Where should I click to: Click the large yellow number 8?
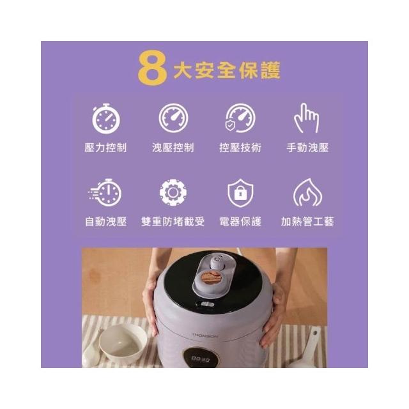click(152, 69)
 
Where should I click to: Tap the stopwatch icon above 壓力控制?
click(106, 119)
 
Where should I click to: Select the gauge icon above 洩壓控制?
click(173, 118)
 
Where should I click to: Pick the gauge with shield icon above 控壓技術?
click(240, 118)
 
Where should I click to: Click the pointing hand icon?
click(307, 118)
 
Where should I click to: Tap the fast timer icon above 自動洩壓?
click(105, 192)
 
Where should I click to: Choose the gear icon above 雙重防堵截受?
click(173, 192)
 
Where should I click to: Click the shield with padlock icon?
click(240, 193)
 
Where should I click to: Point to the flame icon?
click(307, 192)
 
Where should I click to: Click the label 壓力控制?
click(105, 148)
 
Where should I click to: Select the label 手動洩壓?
click(307, 148)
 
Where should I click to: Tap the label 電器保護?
click(240, 222)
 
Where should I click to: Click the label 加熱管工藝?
click(307, 222)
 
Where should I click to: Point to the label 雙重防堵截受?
click(173, 222)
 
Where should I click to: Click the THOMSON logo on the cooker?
click(205, 335)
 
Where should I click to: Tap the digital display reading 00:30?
click(200, 359)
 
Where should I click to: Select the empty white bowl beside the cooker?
click(123, 343)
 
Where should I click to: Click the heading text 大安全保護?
click(227, 70)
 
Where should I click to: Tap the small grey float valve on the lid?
click(216, 261)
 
